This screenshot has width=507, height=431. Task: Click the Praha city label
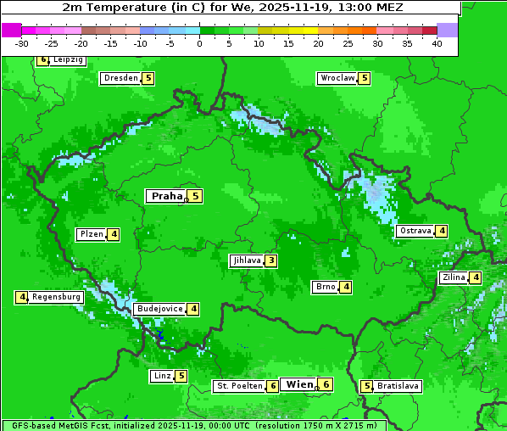pos(166,196)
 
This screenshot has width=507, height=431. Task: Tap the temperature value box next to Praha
pos(195,196)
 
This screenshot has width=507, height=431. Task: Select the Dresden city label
pos(120,78)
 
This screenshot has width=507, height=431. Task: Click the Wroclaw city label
pos(337,78)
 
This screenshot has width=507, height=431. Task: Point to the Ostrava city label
pos(415,231)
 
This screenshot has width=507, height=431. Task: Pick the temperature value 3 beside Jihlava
pos(270,260)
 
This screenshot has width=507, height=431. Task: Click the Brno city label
pos(325,287)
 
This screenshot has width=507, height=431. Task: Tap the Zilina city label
pos(453,277)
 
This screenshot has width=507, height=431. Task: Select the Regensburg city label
pos(57,297)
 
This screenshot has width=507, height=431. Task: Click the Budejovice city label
pos(159,309)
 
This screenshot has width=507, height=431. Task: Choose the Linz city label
pos(161,376)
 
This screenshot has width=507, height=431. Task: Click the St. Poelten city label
pos(238,386)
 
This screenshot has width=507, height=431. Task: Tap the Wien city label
pos(299,384)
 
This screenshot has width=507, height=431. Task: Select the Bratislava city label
pos(398,386)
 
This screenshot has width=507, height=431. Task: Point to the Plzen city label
pos(91,234)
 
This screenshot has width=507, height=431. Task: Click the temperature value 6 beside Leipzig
pos(43,60)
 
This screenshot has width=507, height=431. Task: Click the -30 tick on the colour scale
pos(22,43)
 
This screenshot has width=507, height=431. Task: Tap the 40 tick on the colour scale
pos(437,43)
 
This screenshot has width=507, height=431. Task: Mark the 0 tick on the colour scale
pos(199,43)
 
